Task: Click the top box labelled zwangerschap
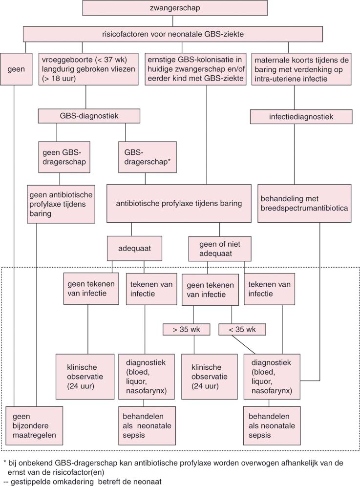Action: pos(174,8)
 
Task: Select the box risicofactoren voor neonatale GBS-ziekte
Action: pos(172,34)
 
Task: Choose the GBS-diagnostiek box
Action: pos(89,116)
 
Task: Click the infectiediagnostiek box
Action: pos(301,116)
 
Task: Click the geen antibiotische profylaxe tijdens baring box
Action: pos(61,204)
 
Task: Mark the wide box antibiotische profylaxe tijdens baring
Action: pos(178,204)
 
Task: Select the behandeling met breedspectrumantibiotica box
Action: pos(304,203)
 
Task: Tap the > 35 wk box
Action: pos(186,330)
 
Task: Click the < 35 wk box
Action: pos(242,330)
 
